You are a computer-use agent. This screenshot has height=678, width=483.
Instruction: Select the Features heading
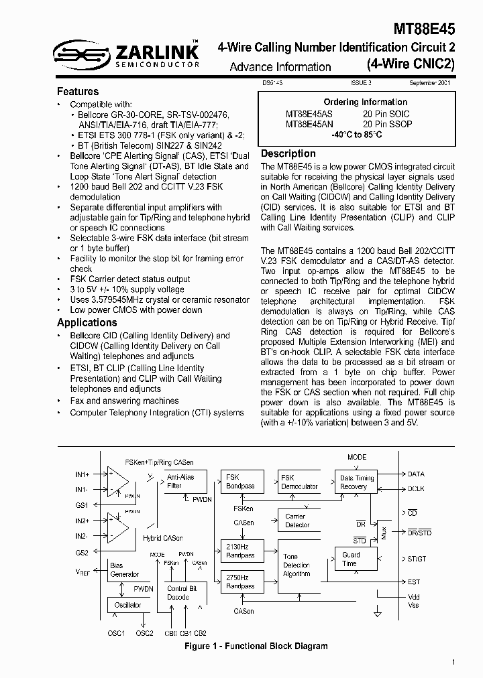point(78,91)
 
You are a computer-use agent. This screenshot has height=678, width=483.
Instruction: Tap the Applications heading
point(87,323)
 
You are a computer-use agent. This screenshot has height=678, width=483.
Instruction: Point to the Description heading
point(288,153)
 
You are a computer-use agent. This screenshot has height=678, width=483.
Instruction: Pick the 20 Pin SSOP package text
point(388,124)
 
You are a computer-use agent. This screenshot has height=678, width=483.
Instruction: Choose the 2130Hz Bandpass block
point(239,551)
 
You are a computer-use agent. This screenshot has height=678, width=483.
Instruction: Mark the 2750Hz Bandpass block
point(239,582)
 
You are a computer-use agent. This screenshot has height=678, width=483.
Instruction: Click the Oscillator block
point(128,605)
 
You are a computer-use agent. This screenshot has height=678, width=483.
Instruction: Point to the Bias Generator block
point(125,570)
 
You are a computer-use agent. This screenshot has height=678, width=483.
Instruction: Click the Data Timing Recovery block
point(356,482)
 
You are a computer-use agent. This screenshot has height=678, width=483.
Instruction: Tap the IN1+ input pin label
point(83,474)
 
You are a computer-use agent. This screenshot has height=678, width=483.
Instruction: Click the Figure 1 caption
point(256,646)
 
